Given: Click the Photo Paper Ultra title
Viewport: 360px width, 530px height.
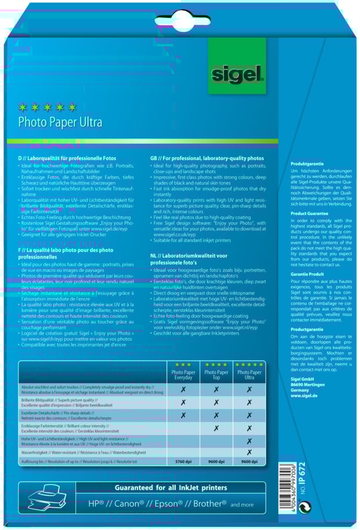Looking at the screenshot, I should pos(60,122).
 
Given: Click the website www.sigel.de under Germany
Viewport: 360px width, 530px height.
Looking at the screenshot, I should pos(304,395).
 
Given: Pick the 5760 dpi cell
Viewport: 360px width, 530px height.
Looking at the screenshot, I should pos(183,462).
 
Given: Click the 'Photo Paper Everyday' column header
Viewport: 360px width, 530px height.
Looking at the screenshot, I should pos(183,372).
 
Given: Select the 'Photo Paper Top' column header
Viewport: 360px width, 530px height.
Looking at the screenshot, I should pos(216,372).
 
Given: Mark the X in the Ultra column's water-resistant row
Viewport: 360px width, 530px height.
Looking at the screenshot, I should pos(249,452).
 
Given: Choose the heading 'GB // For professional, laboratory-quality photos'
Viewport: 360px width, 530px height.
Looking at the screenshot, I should pos(206,158).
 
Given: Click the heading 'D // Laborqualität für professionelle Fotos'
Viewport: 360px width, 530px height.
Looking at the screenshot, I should pos(67,158).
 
